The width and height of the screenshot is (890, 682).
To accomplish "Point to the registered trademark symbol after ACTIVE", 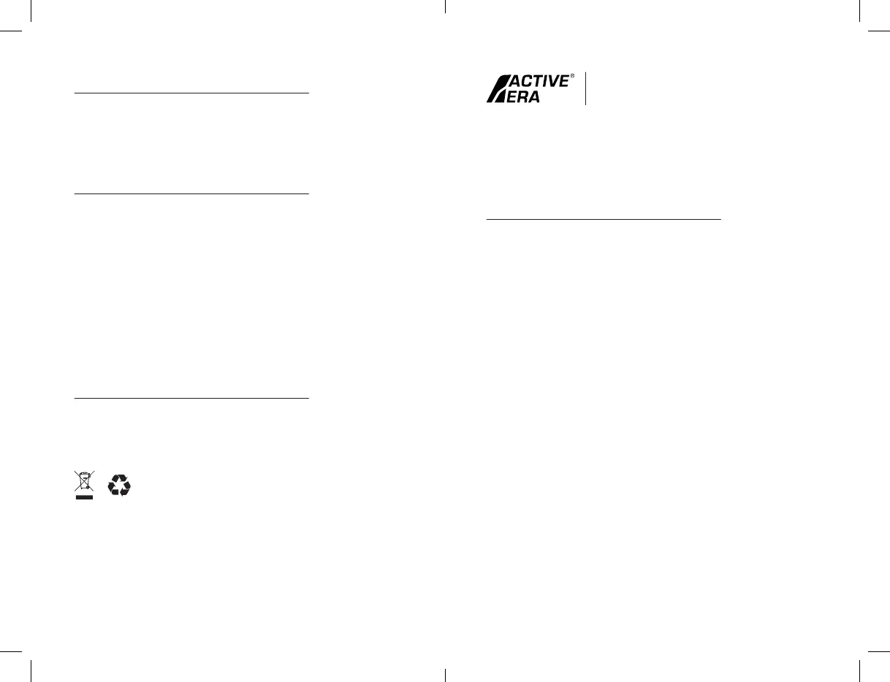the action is pyautogui.click(x=572, y=75).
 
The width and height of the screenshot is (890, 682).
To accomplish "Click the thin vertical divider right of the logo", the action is pyautogui.click(x=586, y=88).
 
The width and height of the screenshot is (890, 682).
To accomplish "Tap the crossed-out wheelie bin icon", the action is pyautogui.click(x=85, y=482).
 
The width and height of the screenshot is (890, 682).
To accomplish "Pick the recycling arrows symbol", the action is pyautogui.click(x=119, y=486).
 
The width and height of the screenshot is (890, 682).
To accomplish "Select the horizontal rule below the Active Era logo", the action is pyautogui.click(x=604, y=218).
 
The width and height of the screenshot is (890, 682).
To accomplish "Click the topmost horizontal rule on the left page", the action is pyautogui.click(x=191, y=93).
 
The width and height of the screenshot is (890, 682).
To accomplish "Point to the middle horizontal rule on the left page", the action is pyautogui.click(x=191, y=194).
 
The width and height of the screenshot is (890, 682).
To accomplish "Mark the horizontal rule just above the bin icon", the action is pyautogui.click(x=191, y=399).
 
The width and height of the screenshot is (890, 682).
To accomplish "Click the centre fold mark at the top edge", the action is pyautogui.click(x=445, y=7).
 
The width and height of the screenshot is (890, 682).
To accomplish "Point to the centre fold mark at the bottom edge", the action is pyautogui.click(x=445, y=674).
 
